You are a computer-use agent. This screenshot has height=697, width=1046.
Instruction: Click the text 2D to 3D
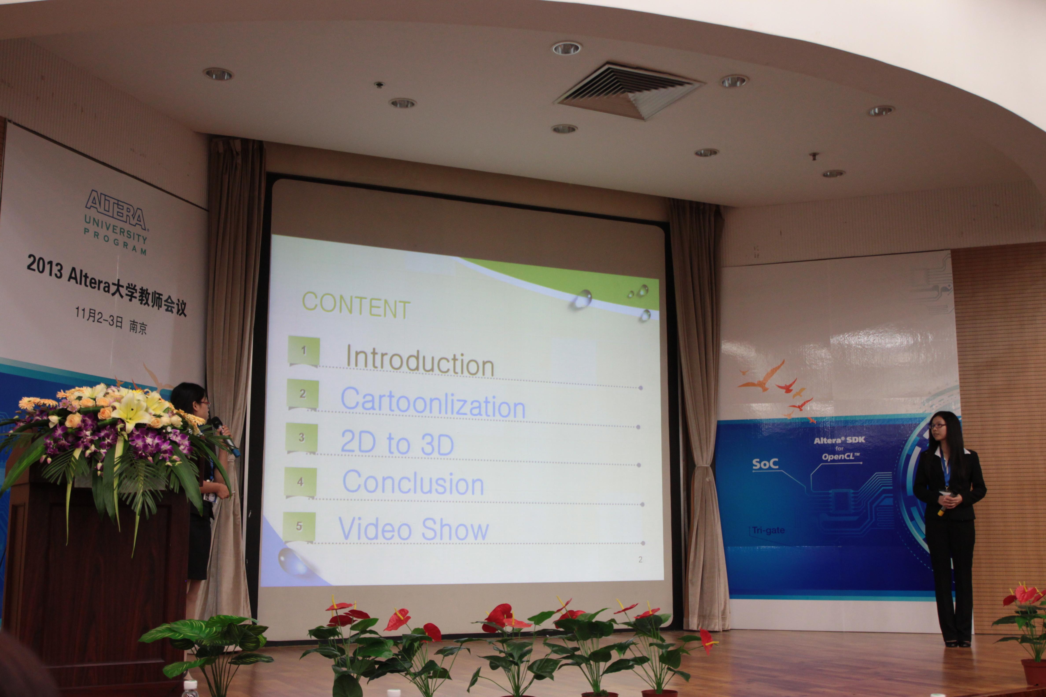[397, 443]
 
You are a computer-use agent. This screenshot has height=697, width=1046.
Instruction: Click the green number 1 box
[304, 351]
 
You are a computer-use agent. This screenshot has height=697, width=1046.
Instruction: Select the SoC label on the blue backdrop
[765, 464]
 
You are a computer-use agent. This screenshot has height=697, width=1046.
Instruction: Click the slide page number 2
[640, 560]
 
